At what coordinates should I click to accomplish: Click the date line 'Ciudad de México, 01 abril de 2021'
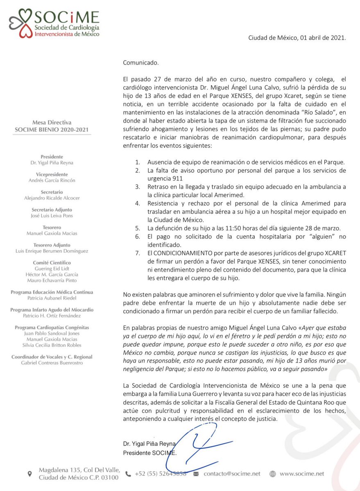(297, 38)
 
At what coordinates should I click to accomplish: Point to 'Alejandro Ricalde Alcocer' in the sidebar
(52, 198)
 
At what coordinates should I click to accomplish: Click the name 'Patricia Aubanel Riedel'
(52, 298)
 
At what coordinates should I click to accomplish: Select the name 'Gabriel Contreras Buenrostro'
(52, 363)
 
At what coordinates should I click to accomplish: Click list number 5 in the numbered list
(138, 228)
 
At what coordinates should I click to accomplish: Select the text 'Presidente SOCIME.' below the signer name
(150, 453)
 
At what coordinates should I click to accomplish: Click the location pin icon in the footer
(29, 474)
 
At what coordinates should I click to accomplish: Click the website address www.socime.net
(302, 473)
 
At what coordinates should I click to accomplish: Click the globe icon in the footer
(273, 474)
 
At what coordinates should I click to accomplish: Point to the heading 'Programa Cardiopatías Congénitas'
(52, 328)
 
